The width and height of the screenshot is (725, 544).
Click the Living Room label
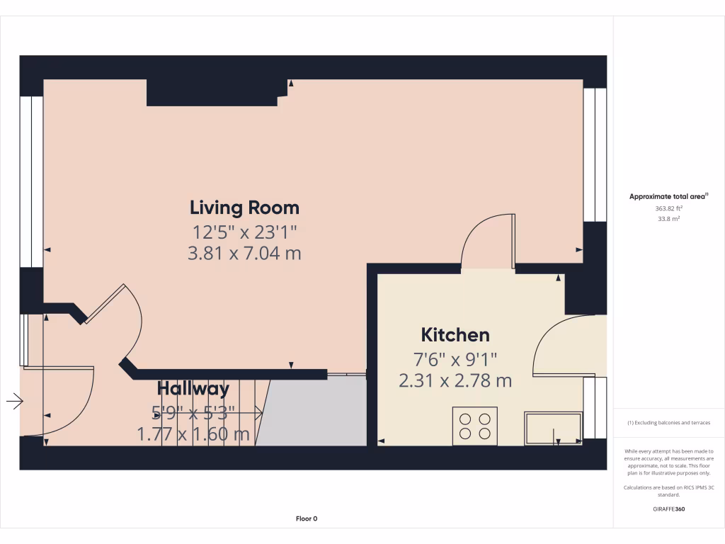[x=244, y=208]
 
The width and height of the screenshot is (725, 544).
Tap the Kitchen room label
[x=455, y=334]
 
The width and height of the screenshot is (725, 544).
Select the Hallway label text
[x=193, y=388]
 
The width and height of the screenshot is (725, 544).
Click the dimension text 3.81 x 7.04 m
[x=244, y=253]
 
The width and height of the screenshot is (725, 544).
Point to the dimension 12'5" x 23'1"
[x=244, y=231]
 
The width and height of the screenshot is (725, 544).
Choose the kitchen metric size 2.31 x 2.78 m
[x=455, y=380]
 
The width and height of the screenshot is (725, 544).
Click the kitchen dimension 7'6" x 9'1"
[x=455, y=358]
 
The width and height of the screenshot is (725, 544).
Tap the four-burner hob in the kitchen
[x=474, y=426]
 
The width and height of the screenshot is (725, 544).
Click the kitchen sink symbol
[x=553, y=429]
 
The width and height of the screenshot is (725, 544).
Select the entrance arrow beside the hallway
[x=14, y=402]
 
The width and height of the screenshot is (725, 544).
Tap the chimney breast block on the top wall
[x=212, y=93]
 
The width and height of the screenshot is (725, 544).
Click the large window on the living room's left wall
[x=31, y=181]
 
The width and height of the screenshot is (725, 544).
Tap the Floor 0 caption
[x=307, y=518]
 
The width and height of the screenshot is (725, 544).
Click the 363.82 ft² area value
[x=668, y=209]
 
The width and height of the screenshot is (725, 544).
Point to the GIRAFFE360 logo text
[x=668, y=509]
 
